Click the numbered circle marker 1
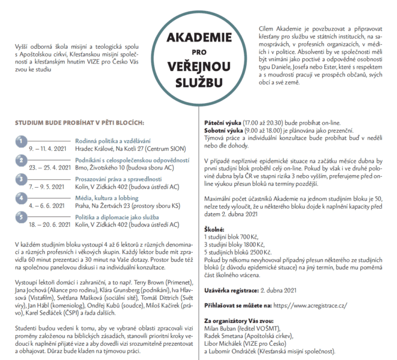20,141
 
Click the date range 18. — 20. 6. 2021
41,225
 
